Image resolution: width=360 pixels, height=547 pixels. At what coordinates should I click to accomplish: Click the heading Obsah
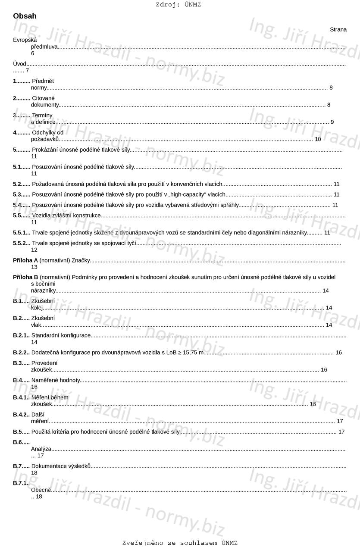[x=25, y=16]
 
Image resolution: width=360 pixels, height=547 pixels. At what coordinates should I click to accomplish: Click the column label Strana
[x=338, y=29]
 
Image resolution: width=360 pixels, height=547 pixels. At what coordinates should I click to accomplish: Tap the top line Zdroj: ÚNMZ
[x=178, y=5]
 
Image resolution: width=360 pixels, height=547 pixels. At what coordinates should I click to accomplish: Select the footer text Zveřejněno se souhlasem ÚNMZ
[x=180, y=543]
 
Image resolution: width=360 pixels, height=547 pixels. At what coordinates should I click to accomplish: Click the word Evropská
[x=25, y=40]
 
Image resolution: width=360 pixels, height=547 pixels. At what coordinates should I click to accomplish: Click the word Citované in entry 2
[x=44, y=98]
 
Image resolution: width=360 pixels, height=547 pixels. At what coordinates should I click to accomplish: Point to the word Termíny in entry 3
[x=42, y=115]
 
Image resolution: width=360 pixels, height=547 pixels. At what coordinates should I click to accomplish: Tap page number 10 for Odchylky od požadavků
[x=318, y=139]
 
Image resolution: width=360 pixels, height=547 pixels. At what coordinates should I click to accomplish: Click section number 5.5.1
[x=22, y=232]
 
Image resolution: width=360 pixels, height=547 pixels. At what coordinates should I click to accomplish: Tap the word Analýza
[x=41, y=449]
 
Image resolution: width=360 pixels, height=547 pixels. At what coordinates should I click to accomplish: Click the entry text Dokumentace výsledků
[x=61, y=466]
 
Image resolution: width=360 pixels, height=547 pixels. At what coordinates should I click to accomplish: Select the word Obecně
[x=41, y=490]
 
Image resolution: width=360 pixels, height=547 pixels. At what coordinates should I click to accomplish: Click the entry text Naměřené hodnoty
[x=56, y=380]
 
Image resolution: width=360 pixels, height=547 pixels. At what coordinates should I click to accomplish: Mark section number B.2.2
[x=21, y=353]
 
